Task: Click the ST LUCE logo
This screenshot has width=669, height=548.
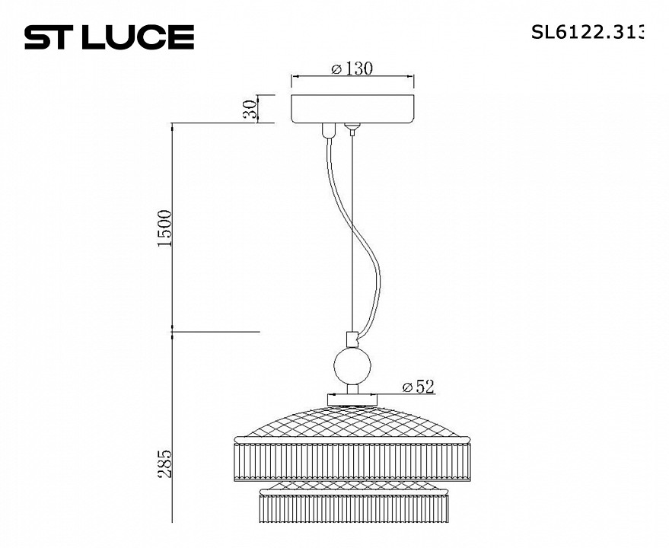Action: pos(109,37)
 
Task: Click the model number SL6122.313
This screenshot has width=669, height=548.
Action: pos(587,32)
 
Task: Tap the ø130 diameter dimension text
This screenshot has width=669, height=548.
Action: pos(352,68)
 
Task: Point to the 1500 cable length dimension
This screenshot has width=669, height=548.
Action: pos(165,227)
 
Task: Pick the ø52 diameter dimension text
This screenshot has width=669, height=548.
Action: pos(418,387)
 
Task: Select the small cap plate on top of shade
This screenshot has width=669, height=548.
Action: pos(352,398)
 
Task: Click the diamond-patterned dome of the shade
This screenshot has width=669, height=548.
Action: pos(352,420)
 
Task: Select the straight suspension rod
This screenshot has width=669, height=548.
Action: pos(352,228)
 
